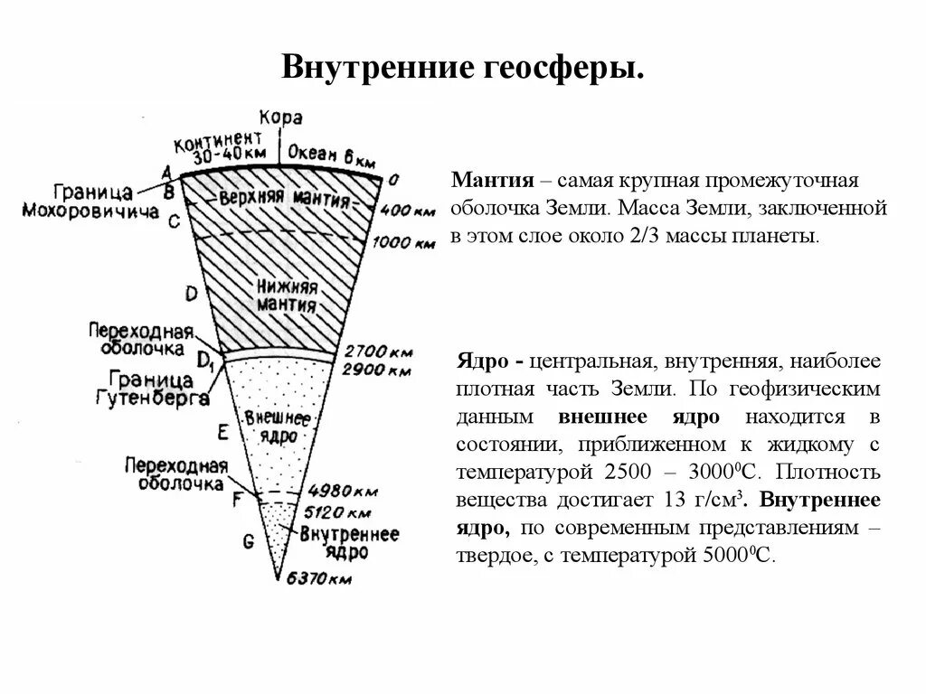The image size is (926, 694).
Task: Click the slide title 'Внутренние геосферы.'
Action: [x=463, y=68]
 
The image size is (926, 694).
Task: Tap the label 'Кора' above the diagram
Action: [x=280, y=118]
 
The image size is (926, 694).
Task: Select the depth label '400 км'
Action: [x=408, y=211]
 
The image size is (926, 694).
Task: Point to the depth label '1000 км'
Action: [x=403, y=243]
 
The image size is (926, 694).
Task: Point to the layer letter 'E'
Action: [x=222, y=432]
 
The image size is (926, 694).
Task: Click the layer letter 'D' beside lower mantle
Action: [x=191, y=292]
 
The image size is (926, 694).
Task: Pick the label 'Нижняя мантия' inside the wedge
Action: [x=287, y=295]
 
